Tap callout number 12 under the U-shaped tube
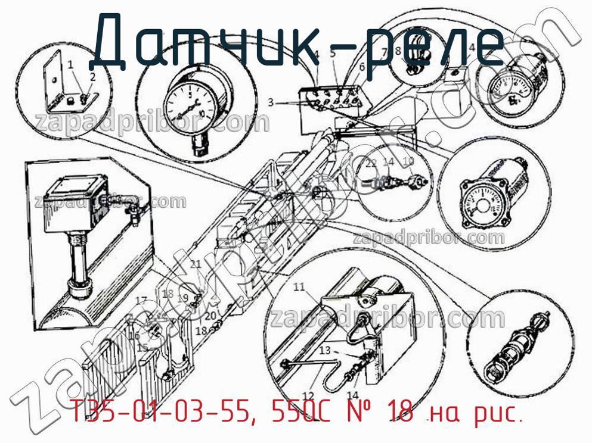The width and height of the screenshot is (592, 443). tap(308, 394)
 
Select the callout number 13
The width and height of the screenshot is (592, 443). tap(324, 351)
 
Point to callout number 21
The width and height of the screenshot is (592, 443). tap(196, 264)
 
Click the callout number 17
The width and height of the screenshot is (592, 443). tap(141, 300)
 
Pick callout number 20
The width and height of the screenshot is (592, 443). tap(210, 316)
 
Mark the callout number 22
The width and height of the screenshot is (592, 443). tap(371, 163)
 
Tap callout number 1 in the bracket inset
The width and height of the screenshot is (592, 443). tap(70, 63)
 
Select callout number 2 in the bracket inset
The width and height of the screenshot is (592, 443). tap(92, 76)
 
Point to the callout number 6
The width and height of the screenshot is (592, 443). tap(361, 67)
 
